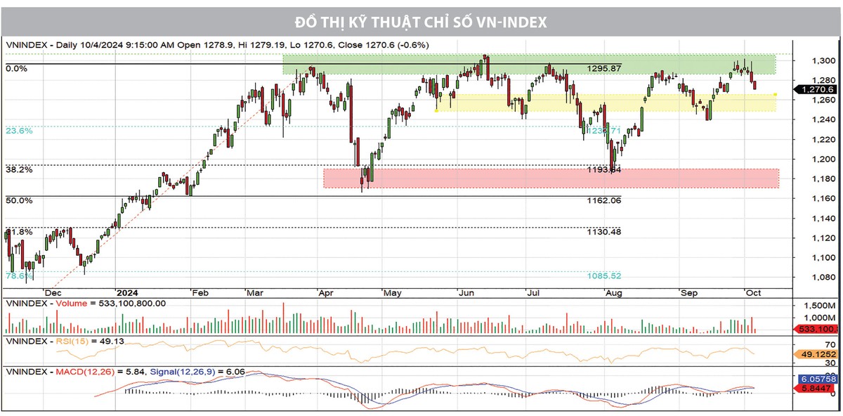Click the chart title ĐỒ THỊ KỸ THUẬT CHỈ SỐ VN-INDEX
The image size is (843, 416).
[421, 22]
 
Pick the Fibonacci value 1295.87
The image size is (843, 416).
[604, 68]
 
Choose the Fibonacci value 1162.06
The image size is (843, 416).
[604, 200]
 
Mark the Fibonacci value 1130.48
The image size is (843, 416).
[604, 231]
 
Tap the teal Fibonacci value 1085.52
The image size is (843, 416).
[604, 275]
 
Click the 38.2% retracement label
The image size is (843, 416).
[19, 169]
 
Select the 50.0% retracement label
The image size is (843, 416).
[19, 200]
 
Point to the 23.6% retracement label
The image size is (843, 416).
[19, 130]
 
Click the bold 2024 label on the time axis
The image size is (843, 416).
[127, 292]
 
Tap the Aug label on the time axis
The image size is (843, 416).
[613, 292]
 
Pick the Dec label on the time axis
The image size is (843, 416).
[53, 292]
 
